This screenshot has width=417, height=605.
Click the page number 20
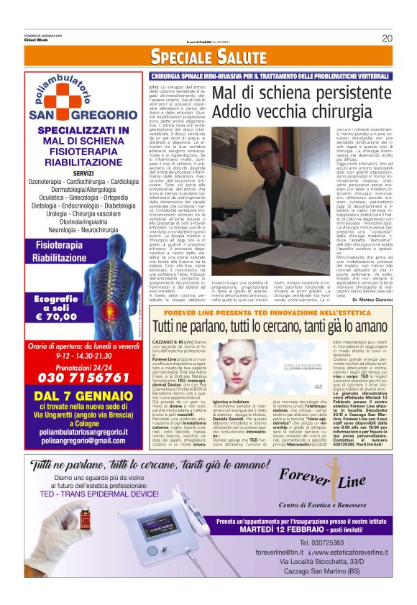[386, 39]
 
